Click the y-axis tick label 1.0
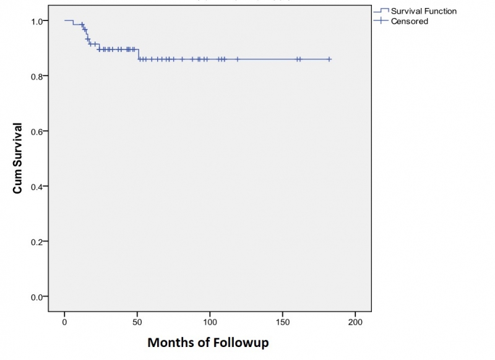pos(37,21)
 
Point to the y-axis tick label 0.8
pos(37,76)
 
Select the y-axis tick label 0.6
pos(37,131)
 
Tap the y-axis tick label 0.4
pos(37,186)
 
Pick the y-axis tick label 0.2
pos(37,241)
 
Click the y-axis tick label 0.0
pos(37,296)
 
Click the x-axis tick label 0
pos(64,323)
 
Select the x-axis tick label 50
pos(137,323)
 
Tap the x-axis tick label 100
pos(210,323)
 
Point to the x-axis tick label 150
pos(282,323)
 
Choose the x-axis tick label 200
pos(355,323)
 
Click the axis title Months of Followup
pos(208,342)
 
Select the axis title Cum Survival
pos(18,158)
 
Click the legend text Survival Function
pos(424,11)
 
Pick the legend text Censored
pos(409,21)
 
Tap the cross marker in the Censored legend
pos(381,21)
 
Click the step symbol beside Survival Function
pos(381,11)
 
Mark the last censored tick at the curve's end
pos(329,59)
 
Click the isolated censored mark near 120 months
pos(237,59)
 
